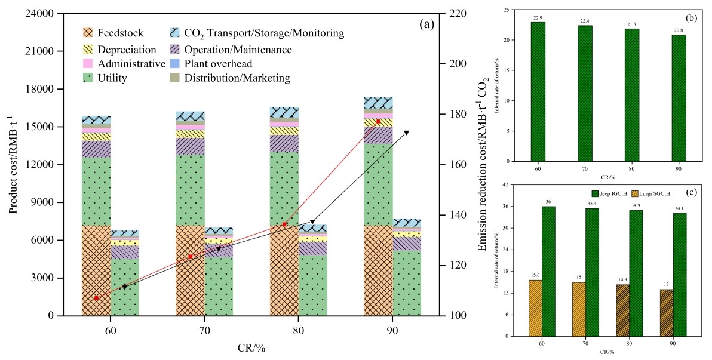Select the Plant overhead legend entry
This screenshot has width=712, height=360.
(x=219, y=63)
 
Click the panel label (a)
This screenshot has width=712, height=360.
(x=426, y=24)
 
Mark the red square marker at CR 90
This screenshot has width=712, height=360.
(x=379, y=121)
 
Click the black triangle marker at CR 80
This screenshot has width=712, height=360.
(x=312, y=222)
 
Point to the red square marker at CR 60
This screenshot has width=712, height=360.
(x=96, y=298)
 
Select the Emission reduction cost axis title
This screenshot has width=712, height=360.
(x=484, y=164)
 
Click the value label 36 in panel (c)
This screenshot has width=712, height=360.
(x=548, y=202)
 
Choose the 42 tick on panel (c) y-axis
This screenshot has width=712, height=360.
(x=507, y=185)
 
